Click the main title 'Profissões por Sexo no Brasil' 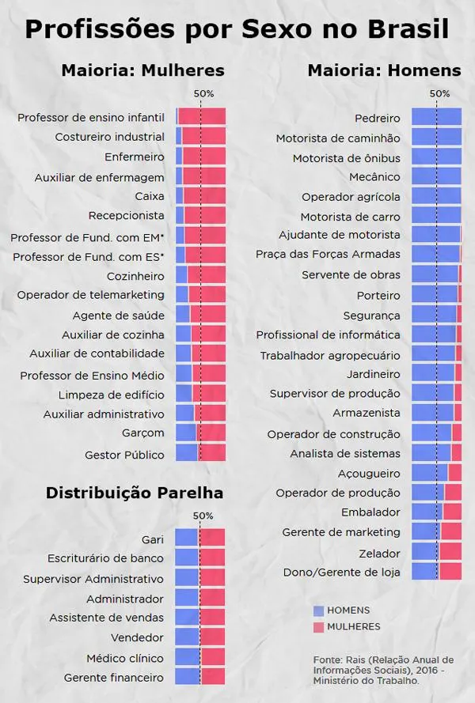237,29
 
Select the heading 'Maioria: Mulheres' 142,70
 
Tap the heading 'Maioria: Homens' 384,70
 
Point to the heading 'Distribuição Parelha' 134,493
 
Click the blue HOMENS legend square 319,610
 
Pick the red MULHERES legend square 319,627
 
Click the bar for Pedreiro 436,117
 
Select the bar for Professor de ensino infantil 201,117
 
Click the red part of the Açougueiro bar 454,473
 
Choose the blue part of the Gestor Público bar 187,453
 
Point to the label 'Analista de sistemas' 345,454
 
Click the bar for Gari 200,539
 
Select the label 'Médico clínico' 125,658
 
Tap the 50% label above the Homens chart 439,93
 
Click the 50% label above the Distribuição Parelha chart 203,516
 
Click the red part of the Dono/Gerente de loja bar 450,572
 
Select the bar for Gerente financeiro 200,677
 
